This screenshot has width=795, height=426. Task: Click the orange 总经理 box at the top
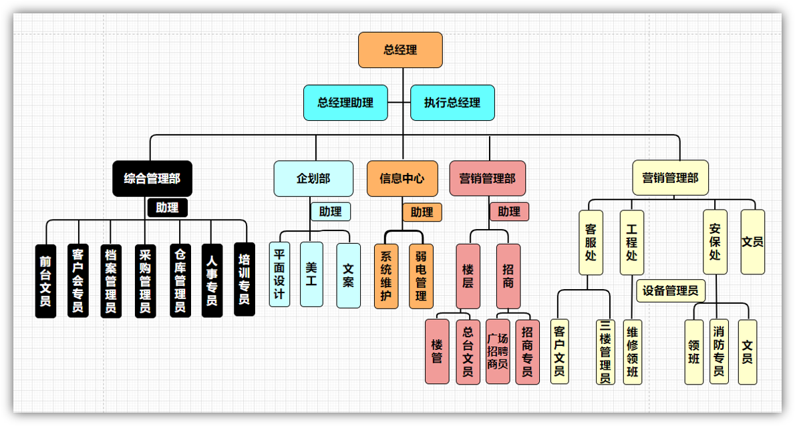400,50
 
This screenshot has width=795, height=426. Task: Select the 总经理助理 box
345,103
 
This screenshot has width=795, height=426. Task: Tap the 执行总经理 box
452,103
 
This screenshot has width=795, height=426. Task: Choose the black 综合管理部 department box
152,178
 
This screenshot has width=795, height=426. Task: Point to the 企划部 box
313,178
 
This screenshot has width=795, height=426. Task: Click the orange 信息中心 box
402,178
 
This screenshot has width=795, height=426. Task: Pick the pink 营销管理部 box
488,178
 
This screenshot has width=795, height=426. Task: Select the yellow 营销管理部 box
670,178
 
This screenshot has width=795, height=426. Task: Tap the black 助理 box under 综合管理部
167,208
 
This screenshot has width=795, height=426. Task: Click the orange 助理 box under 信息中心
422,212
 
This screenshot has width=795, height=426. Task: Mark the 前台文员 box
45,280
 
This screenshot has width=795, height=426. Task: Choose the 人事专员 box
212,280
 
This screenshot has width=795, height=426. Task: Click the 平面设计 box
279,274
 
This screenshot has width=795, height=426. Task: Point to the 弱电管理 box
421,276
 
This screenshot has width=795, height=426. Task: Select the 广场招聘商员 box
498,351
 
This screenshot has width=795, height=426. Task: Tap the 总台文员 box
468,351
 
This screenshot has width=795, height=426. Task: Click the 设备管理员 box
670,290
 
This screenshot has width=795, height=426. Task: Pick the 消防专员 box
719,351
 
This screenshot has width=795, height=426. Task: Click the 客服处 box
590,242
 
